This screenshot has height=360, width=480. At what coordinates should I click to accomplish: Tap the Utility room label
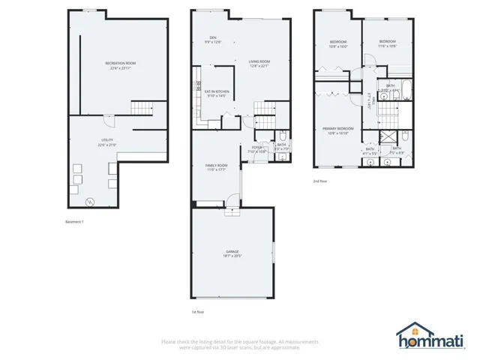(106, 142)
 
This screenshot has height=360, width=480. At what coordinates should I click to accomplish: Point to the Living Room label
(259, 63)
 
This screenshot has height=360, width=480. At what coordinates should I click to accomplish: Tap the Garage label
(232, 253)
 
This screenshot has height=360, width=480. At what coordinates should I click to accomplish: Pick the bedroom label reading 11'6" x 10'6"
(387, 43)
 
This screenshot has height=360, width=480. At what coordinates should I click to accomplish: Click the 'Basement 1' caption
(76, 221)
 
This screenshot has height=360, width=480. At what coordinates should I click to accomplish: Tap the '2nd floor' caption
(320, 181)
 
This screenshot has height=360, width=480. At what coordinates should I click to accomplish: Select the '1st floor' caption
(198, 310)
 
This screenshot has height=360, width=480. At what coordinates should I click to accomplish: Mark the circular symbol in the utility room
(90, 201)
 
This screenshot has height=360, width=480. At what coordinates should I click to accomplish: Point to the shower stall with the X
(388, 136)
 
